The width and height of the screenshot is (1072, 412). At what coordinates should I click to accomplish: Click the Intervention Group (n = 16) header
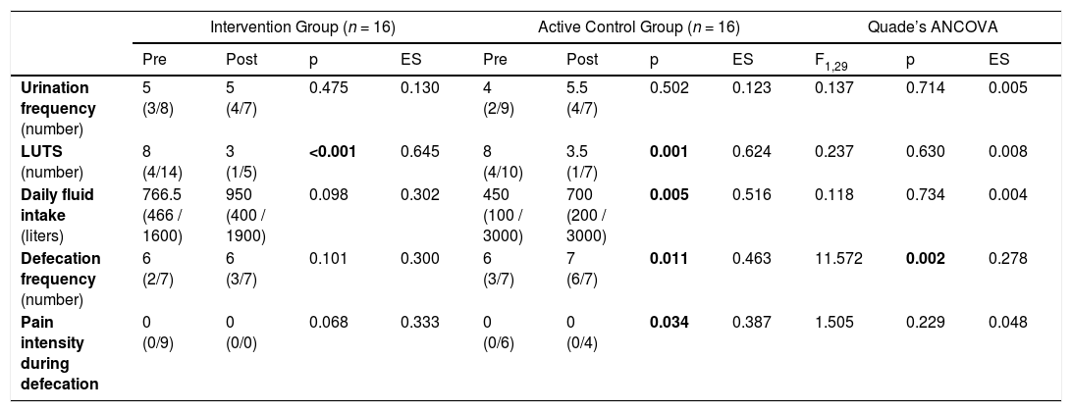303,27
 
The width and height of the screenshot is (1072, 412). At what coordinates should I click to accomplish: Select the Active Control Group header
638,27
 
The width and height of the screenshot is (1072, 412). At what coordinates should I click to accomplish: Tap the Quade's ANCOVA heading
933,27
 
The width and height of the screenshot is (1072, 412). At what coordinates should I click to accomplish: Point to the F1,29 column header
827,61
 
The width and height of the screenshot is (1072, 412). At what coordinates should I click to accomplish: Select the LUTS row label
45,162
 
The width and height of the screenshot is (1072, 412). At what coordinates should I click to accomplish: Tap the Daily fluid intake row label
57,215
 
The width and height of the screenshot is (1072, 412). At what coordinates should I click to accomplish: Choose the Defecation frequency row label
61,279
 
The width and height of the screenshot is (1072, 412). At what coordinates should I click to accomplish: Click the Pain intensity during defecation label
60,352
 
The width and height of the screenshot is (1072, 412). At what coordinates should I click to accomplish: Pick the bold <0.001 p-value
332,152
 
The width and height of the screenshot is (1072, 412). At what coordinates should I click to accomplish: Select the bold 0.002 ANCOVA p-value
925,258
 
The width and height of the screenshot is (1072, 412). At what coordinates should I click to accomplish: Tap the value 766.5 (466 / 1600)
163,215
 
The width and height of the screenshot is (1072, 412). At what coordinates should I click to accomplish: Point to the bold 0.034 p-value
670,322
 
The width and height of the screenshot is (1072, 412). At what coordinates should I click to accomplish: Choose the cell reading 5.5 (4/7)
582,98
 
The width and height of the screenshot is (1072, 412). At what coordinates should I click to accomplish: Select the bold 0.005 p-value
670,195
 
